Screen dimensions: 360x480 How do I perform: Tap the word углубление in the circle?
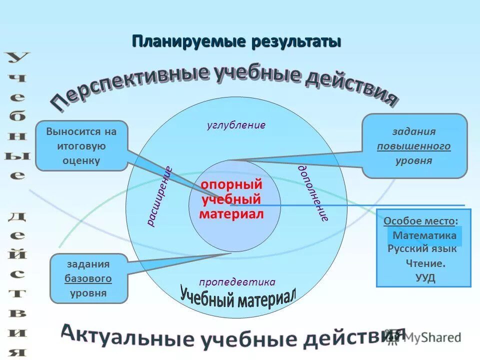click(236, 125)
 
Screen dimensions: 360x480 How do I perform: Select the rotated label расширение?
click(159, 196)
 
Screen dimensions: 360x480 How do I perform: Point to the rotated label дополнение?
click(313, 193)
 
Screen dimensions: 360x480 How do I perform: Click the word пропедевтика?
click(237, 281)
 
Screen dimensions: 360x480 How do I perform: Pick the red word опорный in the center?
click(231, 184)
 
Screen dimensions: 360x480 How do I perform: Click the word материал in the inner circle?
click(231, 214)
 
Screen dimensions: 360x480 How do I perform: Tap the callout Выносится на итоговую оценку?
click(81, 146)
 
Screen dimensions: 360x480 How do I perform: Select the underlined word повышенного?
click(413, 146)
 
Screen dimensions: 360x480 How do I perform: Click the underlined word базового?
click(88, 278)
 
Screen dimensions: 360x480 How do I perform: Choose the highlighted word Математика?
click(424, 235)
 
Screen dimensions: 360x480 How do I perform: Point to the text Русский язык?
click(422, 248)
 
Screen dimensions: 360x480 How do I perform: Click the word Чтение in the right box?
click(424, 263)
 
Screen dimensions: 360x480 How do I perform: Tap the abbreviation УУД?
click(425, 278)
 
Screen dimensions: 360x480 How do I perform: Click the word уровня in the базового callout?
click(88, 293)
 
